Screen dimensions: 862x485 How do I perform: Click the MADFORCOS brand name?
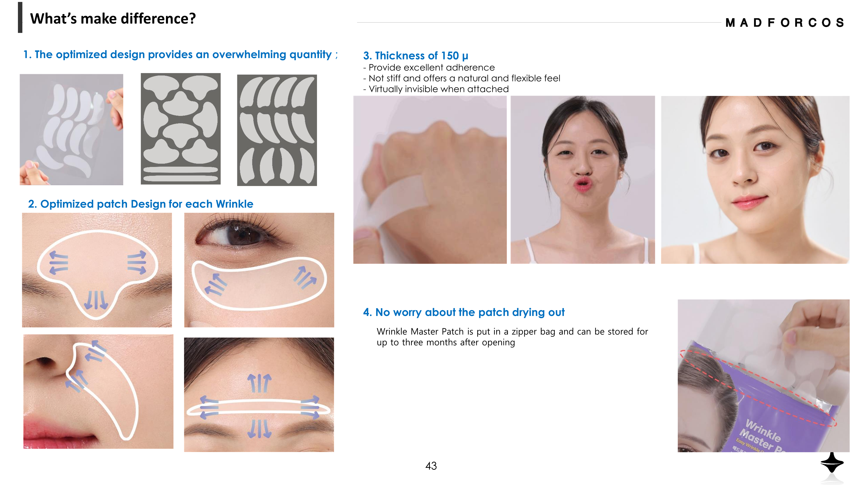[784, 23]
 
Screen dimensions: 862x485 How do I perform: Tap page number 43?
[431, 466]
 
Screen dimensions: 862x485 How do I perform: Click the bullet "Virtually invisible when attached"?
[436, 89]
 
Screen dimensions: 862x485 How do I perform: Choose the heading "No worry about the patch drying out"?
[464, 312]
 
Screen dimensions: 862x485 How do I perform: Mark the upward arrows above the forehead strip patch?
[259, 383]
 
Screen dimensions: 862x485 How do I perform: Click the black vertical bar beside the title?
[20, 17]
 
